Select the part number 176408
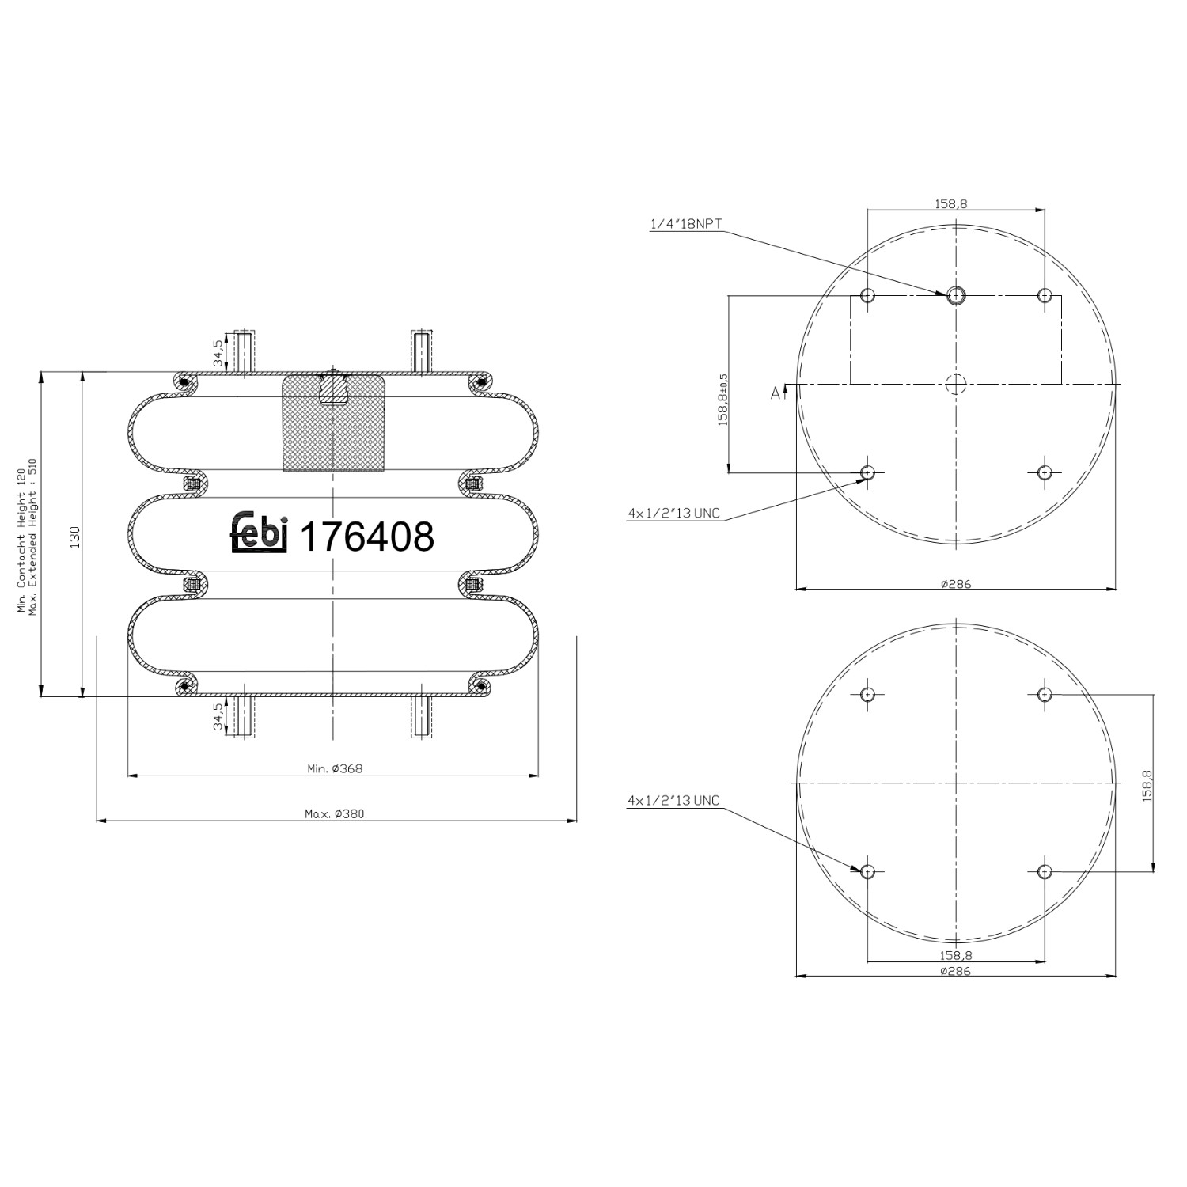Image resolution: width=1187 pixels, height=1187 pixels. [368, 537]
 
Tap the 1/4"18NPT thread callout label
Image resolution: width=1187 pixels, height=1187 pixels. [685, 224]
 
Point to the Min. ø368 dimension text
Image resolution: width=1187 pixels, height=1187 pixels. [334, 768]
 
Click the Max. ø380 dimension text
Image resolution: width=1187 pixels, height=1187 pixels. [334, 813]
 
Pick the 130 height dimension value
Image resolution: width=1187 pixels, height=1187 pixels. [74, 536]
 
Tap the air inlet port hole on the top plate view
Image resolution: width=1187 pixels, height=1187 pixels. [956, 295]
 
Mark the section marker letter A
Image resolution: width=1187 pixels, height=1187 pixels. [776, 393]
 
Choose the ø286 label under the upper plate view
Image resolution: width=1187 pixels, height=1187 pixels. [956, 584]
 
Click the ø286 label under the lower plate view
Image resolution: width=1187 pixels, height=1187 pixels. [956, 971]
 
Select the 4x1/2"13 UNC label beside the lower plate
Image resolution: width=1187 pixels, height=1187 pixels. [673, 801]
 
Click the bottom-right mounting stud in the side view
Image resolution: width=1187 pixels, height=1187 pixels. [421, 716]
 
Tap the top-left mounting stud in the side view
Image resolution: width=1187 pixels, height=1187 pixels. [245, 352]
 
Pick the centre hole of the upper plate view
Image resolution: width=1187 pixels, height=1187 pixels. [956, 384]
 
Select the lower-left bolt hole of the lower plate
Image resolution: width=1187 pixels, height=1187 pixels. [867, 871]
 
